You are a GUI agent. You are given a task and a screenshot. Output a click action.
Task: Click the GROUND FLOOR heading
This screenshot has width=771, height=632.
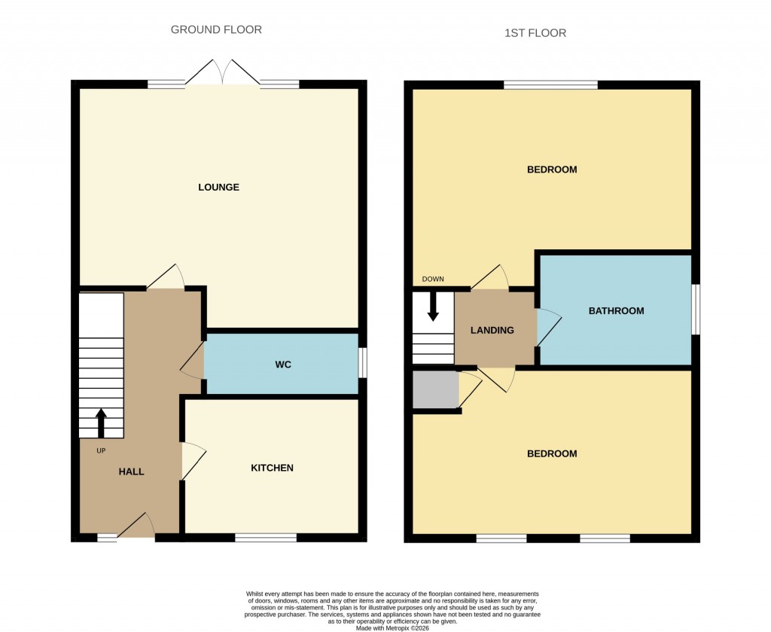click(x=216, y=30)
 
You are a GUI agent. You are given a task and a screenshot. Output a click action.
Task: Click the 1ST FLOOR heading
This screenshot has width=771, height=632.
click(x=535, y=33)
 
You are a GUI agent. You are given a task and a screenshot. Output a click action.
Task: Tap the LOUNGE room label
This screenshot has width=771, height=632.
click(x=218, y=187)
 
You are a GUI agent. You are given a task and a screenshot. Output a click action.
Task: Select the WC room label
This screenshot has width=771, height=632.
click(x=282, y=365)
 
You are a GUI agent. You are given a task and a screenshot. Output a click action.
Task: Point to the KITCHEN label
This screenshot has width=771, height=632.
click(x=272, y=468)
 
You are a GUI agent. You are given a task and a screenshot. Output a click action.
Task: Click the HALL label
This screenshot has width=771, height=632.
click(x=131, y=472)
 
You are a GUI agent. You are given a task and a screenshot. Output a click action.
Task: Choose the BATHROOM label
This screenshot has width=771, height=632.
click(x=616, y=310)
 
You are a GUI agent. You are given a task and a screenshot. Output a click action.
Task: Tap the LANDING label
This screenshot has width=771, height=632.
click(x=492, y=330)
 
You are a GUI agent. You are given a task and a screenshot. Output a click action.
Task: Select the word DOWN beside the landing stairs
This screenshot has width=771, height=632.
click(x=433, y=279)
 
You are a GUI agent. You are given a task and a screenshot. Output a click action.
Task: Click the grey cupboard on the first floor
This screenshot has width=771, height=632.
click(x=435, y=389)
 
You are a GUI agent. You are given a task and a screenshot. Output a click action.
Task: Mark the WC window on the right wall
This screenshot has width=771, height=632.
click(x=362, y=362)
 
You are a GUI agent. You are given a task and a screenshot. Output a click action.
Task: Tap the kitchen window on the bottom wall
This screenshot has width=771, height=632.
click(x=266, y=537)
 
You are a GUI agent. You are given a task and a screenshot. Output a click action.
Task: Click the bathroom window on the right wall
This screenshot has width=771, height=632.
click(x=696, y=309)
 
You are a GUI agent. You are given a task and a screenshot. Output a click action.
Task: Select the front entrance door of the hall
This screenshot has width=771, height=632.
click(x=136, y=527)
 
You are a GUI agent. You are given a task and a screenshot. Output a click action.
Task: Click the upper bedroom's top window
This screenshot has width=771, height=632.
click(x=550, y=85)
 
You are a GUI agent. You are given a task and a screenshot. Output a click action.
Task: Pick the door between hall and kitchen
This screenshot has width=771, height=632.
click(x=191, y=460)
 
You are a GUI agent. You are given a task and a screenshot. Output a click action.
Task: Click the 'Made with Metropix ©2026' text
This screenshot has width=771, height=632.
click(x=392, y=627)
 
